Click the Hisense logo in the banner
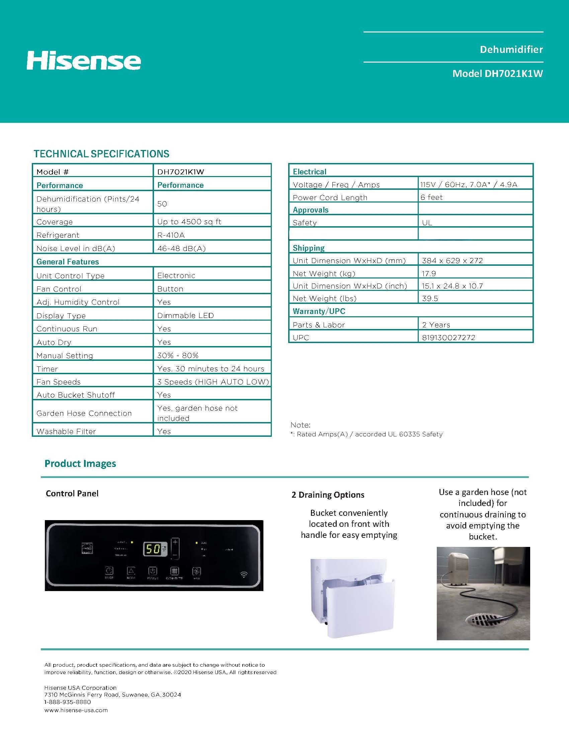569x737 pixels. pyautogui.click(x=84, y=61)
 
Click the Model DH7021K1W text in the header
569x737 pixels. pyautogui.click(x=497, y=74)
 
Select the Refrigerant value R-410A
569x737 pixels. pyautogui.click(x=171, y=235)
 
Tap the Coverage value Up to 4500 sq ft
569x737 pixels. pyautogui.click(x=189, y=222)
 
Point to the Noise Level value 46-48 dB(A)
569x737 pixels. pyautogui.click(x=181, y=248)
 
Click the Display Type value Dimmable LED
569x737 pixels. pyautogui.click(x=185, y=316)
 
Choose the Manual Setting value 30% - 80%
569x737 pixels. pyautogui.click(x=177, y=355)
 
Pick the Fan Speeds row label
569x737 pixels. pyautogui.click(x=58, y=382)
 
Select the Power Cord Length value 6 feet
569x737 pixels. pyautogui.click(x=431, y=197)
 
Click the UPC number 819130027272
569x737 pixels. pyautogui.click(x=448, y=337)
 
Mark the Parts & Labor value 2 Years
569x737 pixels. pyautogui.click(x=436, y=325)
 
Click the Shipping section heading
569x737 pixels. pyautogui.click(x=309, y=248)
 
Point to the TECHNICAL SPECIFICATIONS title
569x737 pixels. pyautogui.click(x=101, y=154)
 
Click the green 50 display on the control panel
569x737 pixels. pyautogui.click(x=152, y=549)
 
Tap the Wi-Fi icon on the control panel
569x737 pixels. pyautogui.click(x=244, y=574)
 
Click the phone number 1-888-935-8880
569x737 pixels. pyautogui.click(x=68, y=702)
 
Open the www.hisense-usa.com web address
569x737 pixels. pyautogui.click(x=76, y=710)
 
